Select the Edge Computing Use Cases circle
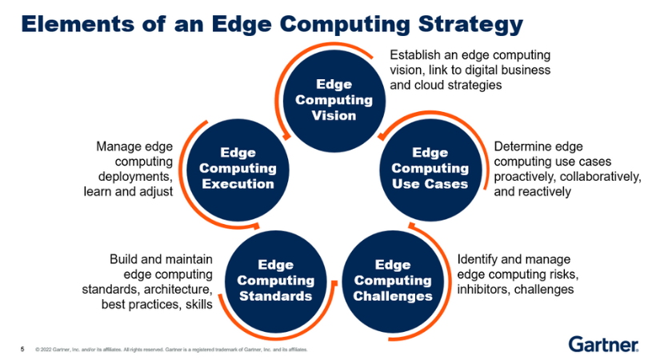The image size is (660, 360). pyautogui.click(x=430, y=168)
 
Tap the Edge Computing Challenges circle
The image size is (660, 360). pyautogui.click(x=393, y=280)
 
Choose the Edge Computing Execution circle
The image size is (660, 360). pyautogui.click(x=238, y=168)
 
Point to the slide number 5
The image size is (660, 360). pyautogui.click(x=22, y=349)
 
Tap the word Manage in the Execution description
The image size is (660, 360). pyautogui.click(x=119, y=146)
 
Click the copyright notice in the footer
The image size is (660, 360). pyautogui.click(x=172, y=350)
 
